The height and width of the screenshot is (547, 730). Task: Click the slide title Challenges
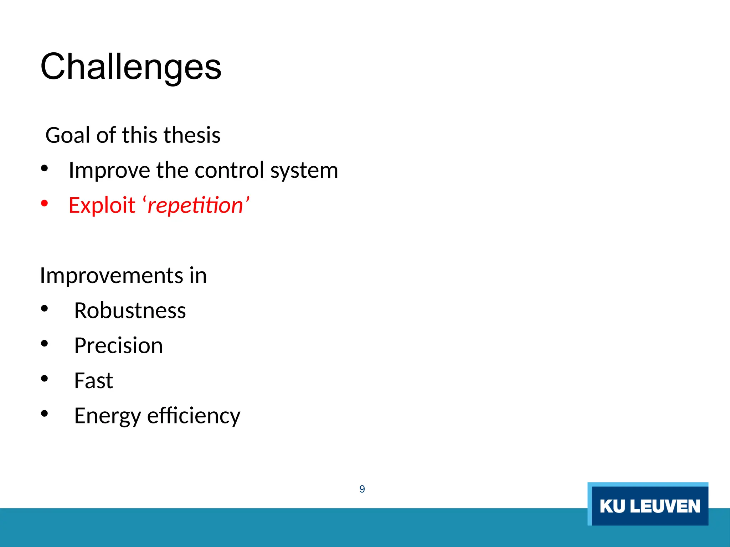[x=131, y=67]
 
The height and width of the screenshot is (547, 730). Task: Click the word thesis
[x=192, y=135]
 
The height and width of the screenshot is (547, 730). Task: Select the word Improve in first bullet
[x=109, y=170]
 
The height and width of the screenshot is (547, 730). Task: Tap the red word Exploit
[x=102, y=205]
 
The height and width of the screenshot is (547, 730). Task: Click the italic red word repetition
[x=195, y=205]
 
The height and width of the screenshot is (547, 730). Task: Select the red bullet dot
[x=44, y=203]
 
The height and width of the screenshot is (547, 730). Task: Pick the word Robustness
[x=130, y=311]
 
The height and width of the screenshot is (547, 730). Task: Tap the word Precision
[x=118, y=345]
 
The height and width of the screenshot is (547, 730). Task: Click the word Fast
[x=93, y=380]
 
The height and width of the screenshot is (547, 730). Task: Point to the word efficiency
[x=194, y=415]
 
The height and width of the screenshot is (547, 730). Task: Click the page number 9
[x=362, y=489]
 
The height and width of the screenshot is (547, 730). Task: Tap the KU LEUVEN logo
[x=648, y=504]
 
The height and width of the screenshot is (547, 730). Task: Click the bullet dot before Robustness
[x=44, y=308]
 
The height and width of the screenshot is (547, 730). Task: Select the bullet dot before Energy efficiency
[x=44, y=413]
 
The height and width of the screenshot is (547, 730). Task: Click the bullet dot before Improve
[x=44, y=168]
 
